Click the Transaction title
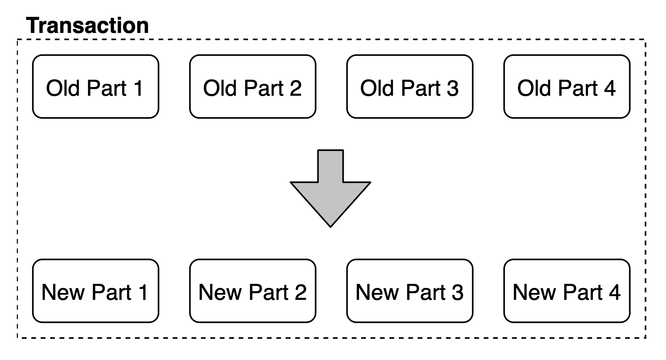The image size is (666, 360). click(x=88, y=25)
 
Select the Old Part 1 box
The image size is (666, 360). click(x=96, y=87)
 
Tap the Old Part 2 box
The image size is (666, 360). click(x=253, y=87)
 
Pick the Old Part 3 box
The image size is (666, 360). click(x=410, y=87)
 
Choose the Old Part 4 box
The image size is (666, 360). click(x=567, y=87)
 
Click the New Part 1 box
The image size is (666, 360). click(x=96, y=291)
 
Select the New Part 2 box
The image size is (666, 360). click(x=253, y=291)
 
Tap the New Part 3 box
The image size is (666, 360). click(x=410, y=291)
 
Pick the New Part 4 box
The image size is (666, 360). click(x=567, y=291)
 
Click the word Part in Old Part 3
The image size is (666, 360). click(x=418, y=88)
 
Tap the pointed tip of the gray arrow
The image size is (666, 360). click(x=331, y=227)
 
